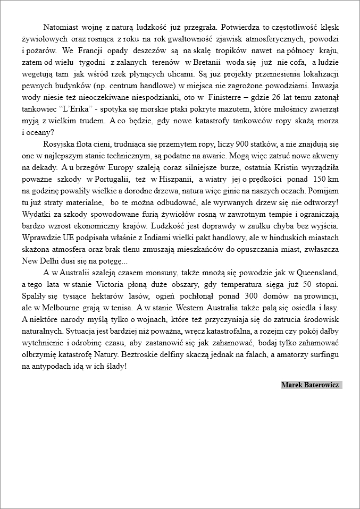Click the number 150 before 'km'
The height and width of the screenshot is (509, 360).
pyautogui.click(x=320, y=180)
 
